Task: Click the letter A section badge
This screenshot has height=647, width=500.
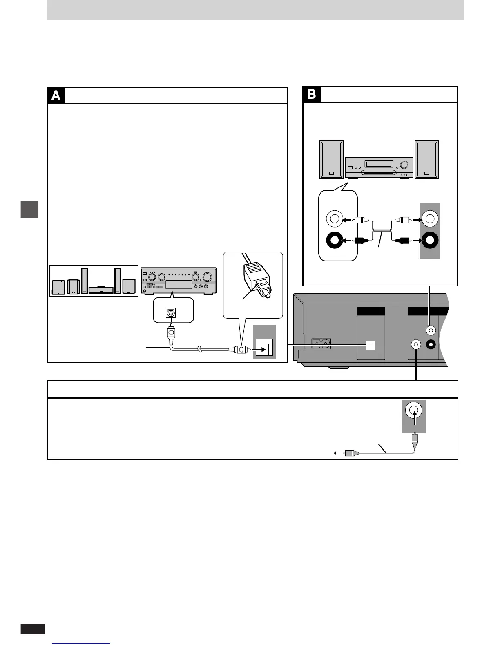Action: pos(56,95)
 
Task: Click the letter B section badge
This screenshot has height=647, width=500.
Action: pos(311,94)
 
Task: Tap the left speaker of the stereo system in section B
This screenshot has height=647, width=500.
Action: pos(331,159)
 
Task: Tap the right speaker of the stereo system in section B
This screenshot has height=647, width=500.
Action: pos(426,159)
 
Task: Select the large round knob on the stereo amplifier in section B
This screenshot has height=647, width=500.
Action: pos(404,165)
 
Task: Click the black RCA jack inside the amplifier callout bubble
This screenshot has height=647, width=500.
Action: pos(335,241)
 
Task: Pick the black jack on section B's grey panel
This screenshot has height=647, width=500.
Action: pos(430,241)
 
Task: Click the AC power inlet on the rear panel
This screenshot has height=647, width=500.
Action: pos(321,344)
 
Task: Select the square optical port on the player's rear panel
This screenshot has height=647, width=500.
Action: pos(370,346)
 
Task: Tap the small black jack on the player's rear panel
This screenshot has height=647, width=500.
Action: pos(431,344)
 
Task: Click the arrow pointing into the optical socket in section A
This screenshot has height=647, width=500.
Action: pos(255,350)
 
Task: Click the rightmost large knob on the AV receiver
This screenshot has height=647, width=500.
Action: pos(209,276)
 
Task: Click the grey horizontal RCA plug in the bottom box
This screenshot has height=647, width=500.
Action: pos(350,453)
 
